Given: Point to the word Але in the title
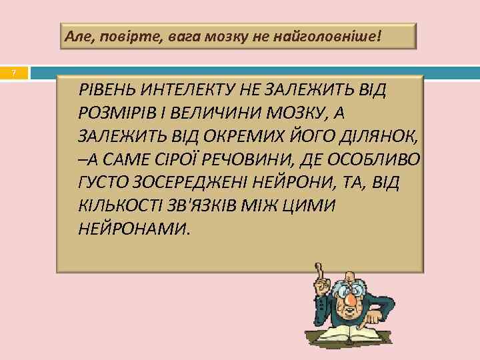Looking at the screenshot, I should pyautogui.click(x=79, y=36).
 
